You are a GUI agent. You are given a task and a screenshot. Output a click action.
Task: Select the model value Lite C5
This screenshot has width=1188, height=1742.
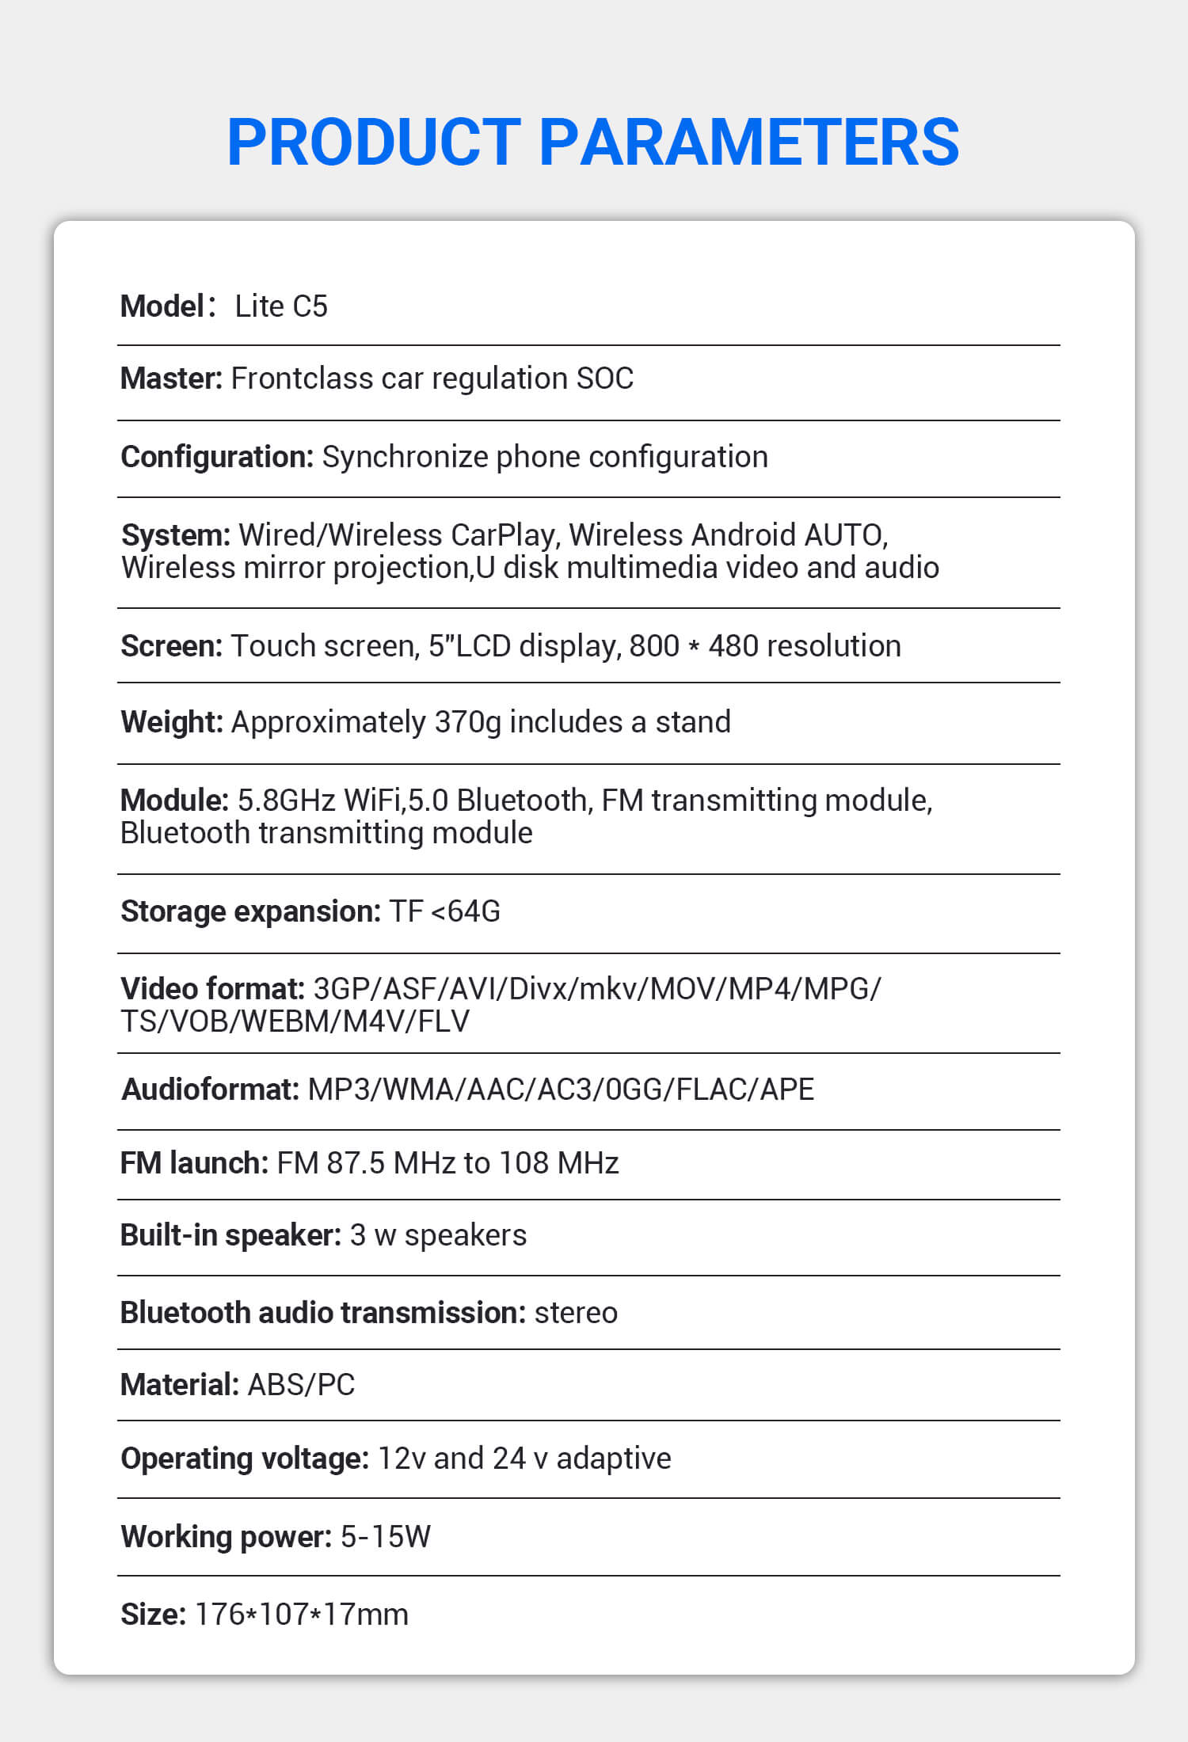pyautogui.click(x=281, y=306)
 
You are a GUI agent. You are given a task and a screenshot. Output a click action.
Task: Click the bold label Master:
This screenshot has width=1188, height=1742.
pyautogui.click(x=171, y=378)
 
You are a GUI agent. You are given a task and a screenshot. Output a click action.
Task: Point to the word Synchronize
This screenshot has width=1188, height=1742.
pyautogui.click(x=405, y=457)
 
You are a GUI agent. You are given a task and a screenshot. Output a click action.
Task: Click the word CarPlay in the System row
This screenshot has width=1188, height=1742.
pyautogui.click(x=502, y=535)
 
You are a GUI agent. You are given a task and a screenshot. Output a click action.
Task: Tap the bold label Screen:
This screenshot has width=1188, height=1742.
pyautogui.click(x=171, y=646)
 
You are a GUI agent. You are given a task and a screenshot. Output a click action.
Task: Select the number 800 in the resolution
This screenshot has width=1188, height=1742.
pyautogui.click(x=654, y=646)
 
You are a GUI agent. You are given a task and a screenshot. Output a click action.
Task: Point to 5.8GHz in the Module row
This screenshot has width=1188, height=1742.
pyautogui.click(x=286, y=801)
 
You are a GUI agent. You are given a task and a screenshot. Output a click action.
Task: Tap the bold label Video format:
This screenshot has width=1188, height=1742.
pyautogui.click(x=212, y=989)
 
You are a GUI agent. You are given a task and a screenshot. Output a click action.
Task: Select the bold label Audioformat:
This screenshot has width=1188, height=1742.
pyautogui.click(x=210, y=1090)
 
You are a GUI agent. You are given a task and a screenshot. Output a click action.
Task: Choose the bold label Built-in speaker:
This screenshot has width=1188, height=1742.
pyautogui.click(x=230, y=1235)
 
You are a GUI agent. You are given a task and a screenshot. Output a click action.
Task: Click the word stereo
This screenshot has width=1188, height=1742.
pyautogui.click(x=576, y=1313)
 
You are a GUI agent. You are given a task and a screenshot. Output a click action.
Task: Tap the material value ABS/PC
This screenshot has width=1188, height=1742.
pyautogui.click(x=301, y=1385)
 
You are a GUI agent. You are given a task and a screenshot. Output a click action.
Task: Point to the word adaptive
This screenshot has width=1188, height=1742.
pyautogui.click(x=614, y=1459)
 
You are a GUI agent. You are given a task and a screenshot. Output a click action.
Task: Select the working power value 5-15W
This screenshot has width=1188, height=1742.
pyautogui.click(x=385, y=1537)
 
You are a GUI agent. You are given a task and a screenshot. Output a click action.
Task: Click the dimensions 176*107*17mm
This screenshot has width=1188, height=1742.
pyautogui.click(x=302, y=1615)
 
